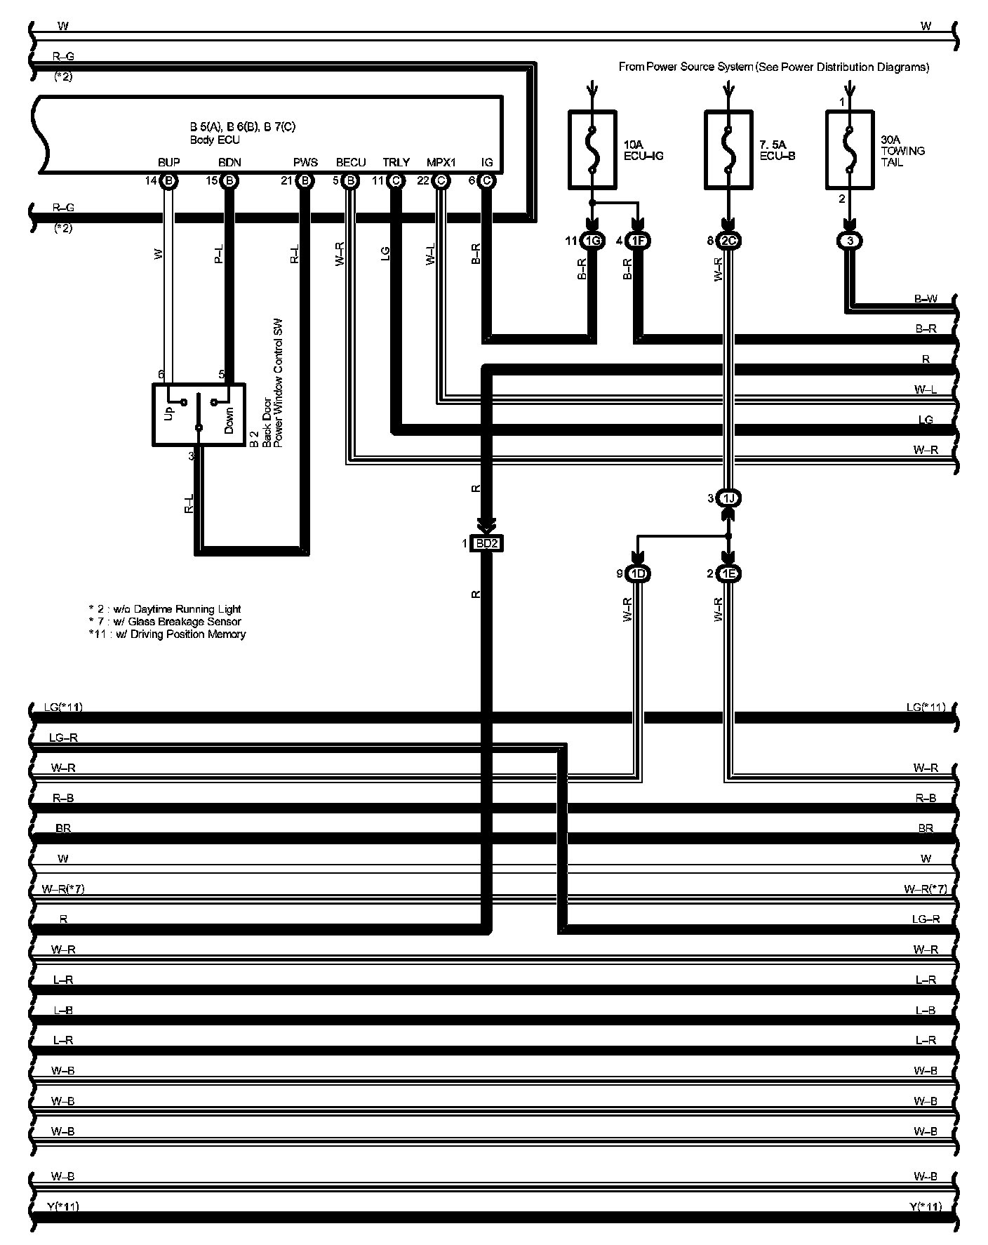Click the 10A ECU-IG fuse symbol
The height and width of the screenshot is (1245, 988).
pos(592,149)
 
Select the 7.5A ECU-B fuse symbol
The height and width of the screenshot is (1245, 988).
pos(728,149)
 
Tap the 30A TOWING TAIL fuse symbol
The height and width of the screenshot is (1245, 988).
pos(850,149)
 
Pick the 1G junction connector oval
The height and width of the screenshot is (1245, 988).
pos(592,241)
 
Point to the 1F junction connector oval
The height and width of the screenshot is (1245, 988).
pos(639,241)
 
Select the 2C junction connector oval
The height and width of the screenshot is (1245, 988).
pos(728,241)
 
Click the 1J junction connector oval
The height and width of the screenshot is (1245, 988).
pos(728,498)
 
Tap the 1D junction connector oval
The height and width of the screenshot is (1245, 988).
pos(638,574)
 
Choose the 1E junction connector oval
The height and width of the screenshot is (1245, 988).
pos(728,574)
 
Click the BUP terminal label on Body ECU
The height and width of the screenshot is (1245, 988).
pos(168,162)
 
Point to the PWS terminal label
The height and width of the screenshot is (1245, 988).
pos(305,162)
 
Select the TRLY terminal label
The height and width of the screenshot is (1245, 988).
pos(396,162)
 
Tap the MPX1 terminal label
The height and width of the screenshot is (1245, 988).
pos(441,162)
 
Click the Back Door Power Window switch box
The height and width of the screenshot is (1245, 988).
pos(199,415)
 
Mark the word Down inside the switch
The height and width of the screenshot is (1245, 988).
pos(228,420)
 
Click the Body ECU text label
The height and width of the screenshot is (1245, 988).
pos(214,140)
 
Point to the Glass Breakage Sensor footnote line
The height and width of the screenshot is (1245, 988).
pos(165,621)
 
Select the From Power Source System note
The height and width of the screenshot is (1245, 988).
pos(773,67)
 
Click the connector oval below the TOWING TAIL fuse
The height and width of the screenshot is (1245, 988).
pos(850,241)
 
